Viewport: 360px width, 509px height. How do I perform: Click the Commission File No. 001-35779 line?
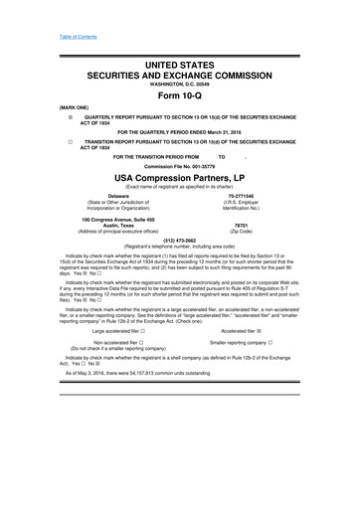179,165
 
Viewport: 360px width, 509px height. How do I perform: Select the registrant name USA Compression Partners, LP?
179,178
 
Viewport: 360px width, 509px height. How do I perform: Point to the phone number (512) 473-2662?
179,240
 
